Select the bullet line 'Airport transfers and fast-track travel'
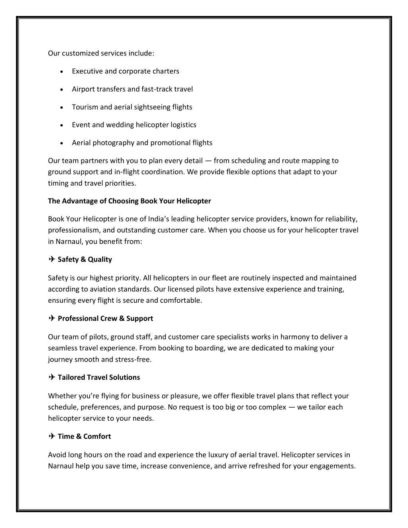(132, 89)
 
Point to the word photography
(115, 143)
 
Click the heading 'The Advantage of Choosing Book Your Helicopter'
(129, 201)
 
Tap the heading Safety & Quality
(84, 259)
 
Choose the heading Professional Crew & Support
(105, 318)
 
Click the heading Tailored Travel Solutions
(99, 377)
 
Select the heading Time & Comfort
(84, 436)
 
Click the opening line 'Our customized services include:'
(101, 53)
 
